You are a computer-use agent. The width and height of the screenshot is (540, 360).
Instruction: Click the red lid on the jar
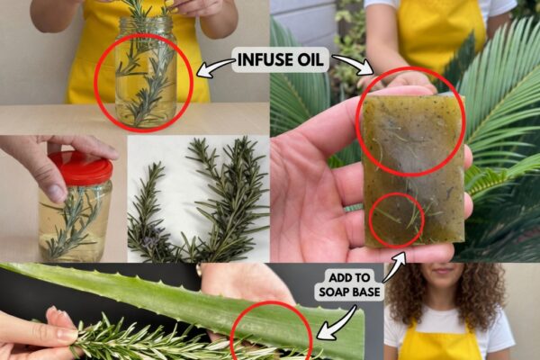point(81,168)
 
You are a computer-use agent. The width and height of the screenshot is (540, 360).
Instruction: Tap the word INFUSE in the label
point(262,59)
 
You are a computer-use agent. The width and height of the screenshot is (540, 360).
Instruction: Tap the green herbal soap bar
point(413,170)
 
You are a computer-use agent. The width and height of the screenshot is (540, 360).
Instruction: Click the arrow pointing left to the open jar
point(215,67)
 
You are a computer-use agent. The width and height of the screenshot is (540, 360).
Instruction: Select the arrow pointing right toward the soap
point(353,63)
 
